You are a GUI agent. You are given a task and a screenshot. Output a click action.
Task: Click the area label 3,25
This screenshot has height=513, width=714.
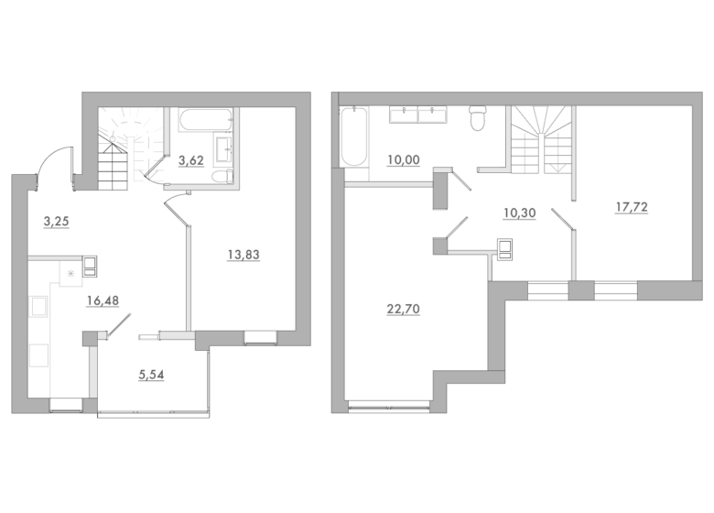point(56,222)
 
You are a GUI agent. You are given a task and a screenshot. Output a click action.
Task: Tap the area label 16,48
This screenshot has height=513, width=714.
point(103,300)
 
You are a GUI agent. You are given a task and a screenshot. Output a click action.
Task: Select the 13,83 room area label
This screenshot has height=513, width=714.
point(243,255)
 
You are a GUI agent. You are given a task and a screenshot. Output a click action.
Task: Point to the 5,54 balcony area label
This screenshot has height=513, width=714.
point(151,375)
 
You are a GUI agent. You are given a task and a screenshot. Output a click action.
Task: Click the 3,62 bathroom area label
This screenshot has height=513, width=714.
point(190,160)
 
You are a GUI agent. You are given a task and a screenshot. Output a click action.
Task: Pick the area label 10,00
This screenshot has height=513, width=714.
point(404,160)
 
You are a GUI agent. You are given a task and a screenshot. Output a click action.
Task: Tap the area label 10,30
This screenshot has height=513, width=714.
point(520,213)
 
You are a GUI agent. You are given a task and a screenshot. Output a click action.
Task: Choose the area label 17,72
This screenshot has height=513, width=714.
point(632,207)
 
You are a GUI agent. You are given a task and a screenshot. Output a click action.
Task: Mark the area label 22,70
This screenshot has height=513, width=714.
point(404,309)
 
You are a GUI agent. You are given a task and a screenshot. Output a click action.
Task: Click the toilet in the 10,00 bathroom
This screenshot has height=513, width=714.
point(478,118)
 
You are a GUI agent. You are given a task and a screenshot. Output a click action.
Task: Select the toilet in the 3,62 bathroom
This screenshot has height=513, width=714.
point(222,177)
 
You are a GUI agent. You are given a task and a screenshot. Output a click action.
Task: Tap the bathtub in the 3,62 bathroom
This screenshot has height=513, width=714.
point(206,120)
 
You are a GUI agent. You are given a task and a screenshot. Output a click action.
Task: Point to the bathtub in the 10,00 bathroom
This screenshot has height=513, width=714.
point(354,136)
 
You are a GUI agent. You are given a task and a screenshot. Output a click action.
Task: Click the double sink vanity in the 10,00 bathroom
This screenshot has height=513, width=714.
point(418,115)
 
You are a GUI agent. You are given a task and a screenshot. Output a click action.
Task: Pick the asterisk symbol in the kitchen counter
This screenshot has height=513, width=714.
point(70,273)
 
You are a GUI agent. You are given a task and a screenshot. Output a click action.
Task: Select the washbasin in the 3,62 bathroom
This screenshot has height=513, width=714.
point(223,149)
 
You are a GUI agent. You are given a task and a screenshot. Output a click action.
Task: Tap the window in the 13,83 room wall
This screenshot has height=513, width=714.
point(260,338)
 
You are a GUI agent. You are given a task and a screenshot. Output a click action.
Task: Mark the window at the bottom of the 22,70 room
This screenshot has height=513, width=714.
point(389,406)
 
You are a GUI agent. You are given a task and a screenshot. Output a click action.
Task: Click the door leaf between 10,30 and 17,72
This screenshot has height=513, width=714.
point(563,219)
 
